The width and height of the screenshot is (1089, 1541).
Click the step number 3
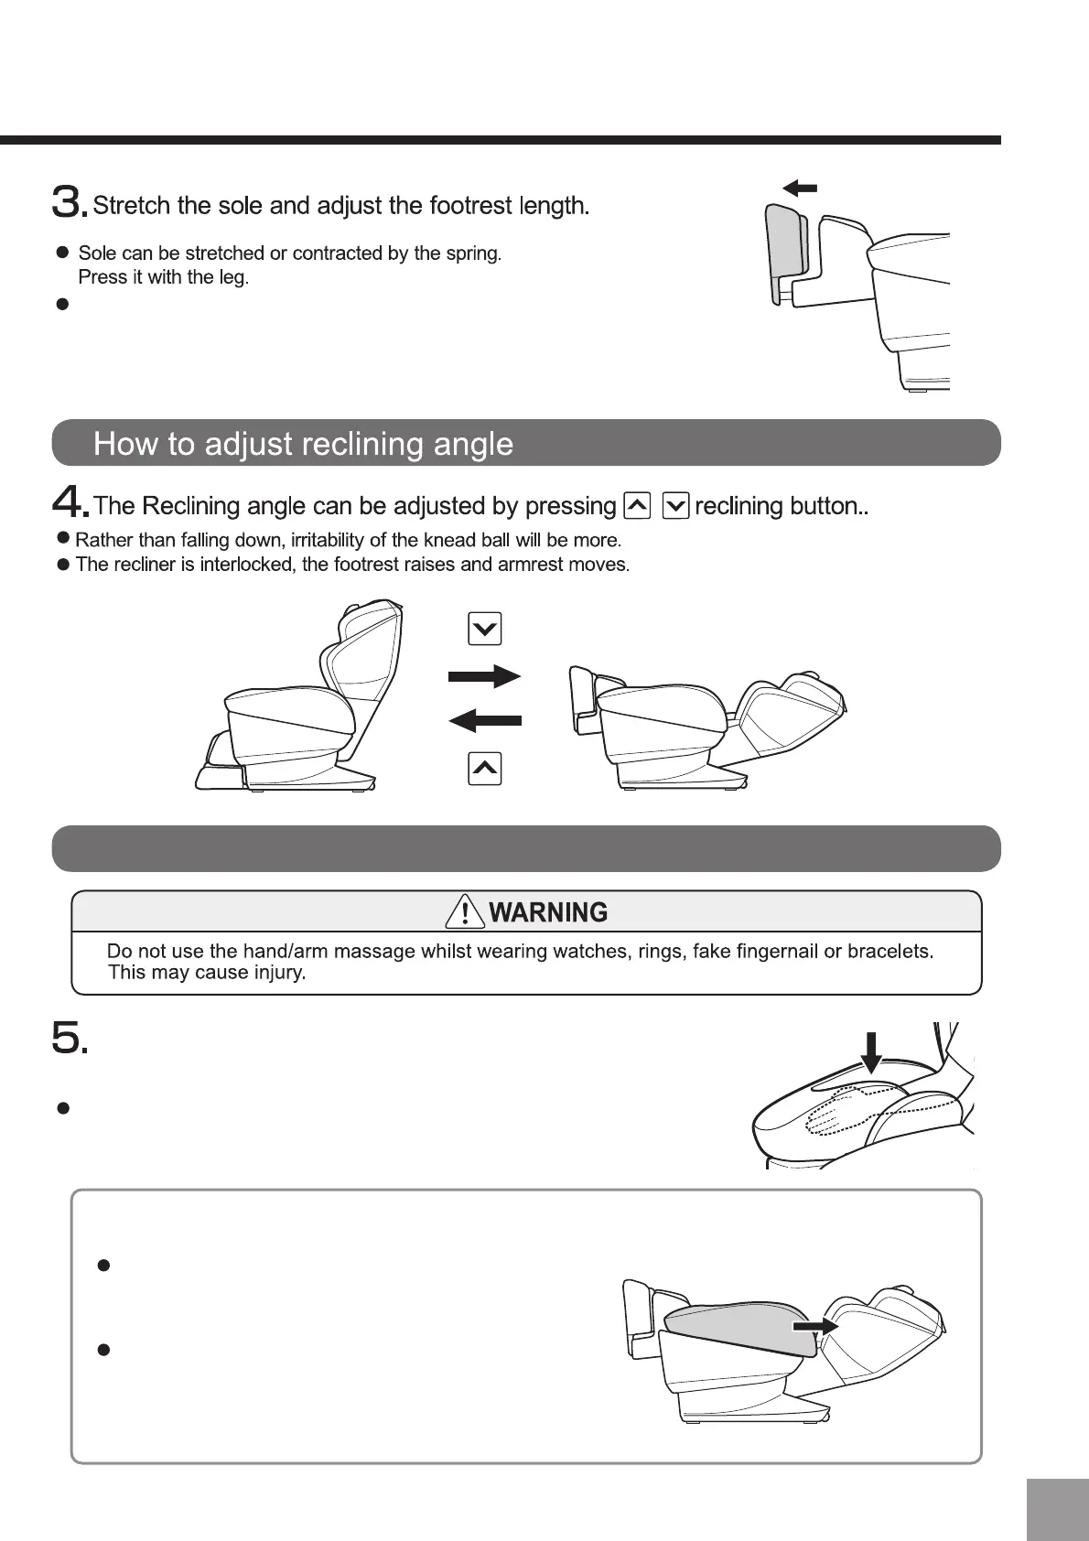(x=67, y=202)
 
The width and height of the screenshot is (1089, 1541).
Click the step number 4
(x=67, y=503)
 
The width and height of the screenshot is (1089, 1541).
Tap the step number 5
(x=67, y=1039)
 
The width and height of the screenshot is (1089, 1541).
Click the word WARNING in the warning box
(x=548, y=912)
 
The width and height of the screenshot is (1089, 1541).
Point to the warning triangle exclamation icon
(x=466, y=911)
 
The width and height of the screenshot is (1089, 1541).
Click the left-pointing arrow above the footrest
(x=800, y=189)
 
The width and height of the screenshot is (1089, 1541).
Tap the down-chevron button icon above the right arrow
(x=484, y=629)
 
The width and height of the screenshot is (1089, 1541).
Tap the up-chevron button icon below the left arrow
(x=484, y=769)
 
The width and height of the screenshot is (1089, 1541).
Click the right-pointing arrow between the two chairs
(x=484, y=677)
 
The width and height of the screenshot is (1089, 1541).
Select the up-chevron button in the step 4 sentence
(x=637, y=505)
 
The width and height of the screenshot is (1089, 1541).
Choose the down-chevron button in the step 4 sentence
(x=675, y=505)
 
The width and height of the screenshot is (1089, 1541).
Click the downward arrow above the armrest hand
(x=871, y=1051)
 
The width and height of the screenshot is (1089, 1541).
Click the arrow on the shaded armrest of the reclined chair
(x=815, y=1326)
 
